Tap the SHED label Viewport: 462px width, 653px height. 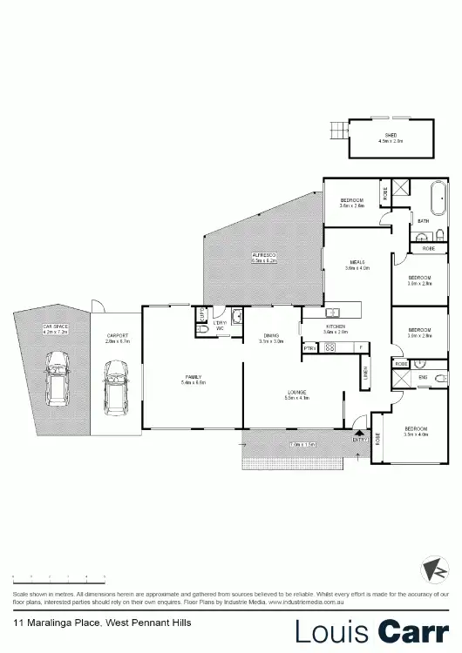[x=391, y=135]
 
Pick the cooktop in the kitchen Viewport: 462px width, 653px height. [x=330, y=347]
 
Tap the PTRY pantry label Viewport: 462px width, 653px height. [x=309, y=347]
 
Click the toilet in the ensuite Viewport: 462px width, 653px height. [x=441, y=378]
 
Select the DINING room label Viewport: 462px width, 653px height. [x=271, y=339]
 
